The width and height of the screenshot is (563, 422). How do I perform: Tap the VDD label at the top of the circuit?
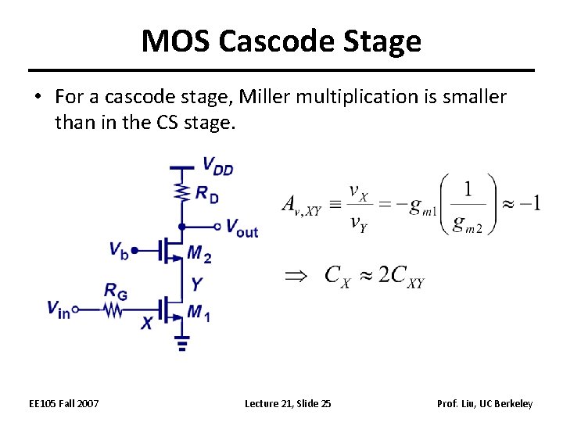(217, 166)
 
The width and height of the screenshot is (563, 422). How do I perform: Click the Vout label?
(241, 228)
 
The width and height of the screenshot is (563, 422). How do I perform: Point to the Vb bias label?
(119, 250)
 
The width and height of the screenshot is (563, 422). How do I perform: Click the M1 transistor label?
(199, 314)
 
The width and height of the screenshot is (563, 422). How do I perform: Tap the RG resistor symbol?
(114, 310)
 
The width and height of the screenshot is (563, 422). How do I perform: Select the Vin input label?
(58, 309)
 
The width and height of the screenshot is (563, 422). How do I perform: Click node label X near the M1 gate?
(146, 323)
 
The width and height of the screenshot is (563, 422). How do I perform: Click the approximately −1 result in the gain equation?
(519, 204)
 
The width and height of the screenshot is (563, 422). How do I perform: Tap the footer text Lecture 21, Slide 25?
(288, 403)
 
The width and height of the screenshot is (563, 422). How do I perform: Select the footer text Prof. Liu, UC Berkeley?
(485, 403)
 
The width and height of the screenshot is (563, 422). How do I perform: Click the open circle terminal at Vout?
(218, 227)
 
